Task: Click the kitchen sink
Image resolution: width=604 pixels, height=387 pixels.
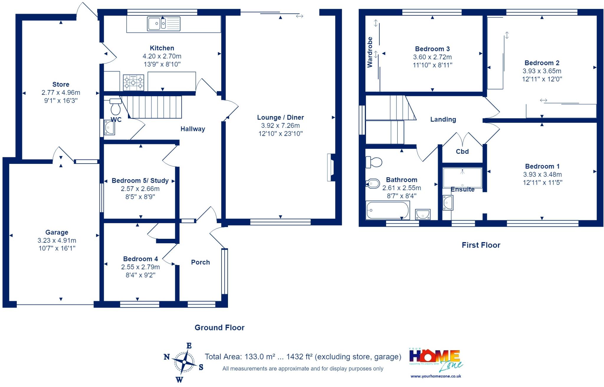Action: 164,24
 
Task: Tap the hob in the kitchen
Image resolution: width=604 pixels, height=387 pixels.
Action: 134,82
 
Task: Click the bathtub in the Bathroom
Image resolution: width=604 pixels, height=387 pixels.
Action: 388,210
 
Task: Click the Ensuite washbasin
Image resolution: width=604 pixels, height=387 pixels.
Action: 448,203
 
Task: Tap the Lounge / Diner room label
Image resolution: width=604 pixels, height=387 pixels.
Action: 280,117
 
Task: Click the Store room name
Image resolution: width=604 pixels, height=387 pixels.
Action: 61,84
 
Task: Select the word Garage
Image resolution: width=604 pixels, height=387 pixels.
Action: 57,233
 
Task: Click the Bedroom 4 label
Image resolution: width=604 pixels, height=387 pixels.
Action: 140,259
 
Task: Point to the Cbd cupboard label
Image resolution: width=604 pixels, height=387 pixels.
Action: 462,151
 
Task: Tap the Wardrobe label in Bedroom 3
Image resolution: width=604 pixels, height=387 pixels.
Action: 370,52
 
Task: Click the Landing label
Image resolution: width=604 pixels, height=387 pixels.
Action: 443,120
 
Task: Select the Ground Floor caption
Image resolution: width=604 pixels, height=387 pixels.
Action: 219,327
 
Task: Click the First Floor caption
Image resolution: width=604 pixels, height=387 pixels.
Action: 481,245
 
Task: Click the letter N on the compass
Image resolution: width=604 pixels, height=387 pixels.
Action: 167,357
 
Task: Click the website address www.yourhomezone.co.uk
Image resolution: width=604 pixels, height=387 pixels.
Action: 436,376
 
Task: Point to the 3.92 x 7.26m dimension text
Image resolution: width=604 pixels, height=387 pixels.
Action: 280,125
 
